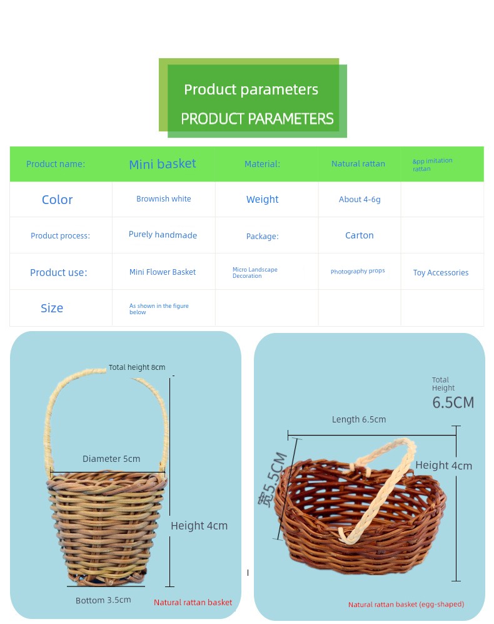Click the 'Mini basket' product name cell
[163, 164]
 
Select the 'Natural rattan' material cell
[358, 163]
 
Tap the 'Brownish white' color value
[163, 198]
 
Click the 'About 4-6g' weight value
[360, 200]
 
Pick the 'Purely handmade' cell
[163, 235]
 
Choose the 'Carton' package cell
[359, 235]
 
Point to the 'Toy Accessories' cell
[441, 273]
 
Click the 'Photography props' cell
[358, 271]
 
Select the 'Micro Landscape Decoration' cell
[255, 273]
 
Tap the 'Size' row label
[52, 308]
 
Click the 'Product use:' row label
[59, 273]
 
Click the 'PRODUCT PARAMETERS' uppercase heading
[257, 118]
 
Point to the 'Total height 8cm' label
[137, 367]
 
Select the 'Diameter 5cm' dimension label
[111, 459]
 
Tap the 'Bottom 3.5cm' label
[103, 600]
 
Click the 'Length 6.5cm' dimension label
[359, 419]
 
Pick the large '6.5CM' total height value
[453, 402]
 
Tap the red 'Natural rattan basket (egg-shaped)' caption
[406, 605]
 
